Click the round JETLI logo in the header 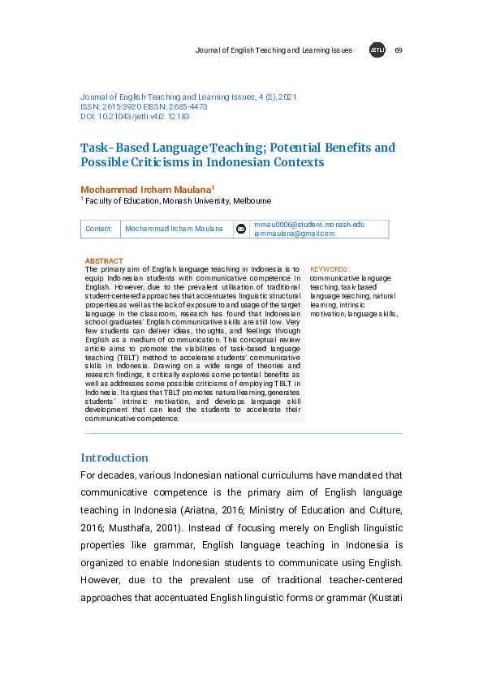(377, 50)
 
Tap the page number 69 (398, 50)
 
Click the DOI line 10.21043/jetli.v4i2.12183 (135, 117)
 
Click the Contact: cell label (99, 229)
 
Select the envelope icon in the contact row (240, 229)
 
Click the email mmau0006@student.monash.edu (309, 224)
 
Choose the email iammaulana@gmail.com (294, 234)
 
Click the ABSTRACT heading (104, 261)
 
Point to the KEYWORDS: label (330, 268)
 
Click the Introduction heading (114, 457)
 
